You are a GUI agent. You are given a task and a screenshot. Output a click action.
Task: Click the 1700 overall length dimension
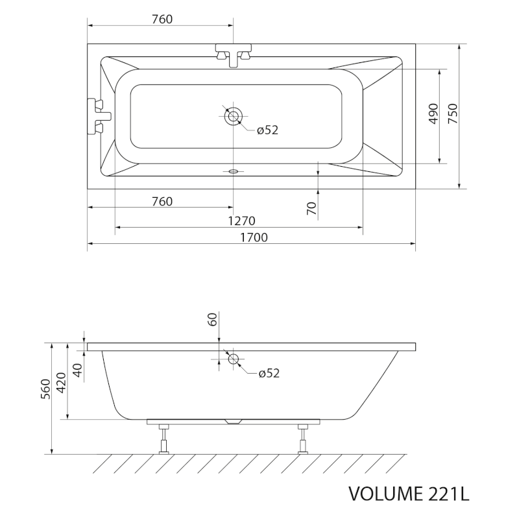pos(254,237)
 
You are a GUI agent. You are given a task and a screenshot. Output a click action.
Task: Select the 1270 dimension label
pos(241,221)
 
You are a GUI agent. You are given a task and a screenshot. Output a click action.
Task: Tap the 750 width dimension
pos(452,114)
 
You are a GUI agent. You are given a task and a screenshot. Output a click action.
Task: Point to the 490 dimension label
pos(433,114)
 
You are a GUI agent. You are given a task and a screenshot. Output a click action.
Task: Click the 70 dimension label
pos(312,208)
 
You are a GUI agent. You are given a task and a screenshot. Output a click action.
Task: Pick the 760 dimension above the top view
pos(162,19)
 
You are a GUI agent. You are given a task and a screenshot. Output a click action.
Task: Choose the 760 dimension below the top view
pos(162,201)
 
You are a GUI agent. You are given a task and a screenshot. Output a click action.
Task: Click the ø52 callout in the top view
pos(267,130)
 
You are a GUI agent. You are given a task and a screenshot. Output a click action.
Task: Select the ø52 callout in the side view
pos(269,373)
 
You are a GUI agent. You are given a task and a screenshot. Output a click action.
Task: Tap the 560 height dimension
pos(45,389)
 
